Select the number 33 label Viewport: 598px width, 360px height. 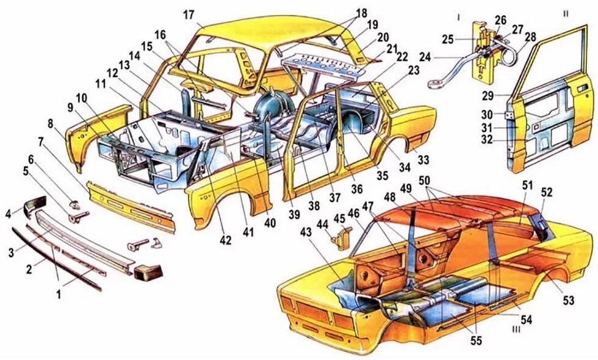pyautogui.click(x=423, y=160)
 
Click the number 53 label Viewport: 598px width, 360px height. pyautogui.click(x=568, y=300)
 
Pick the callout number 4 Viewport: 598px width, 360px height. pyautogui.click(x=8, y=214)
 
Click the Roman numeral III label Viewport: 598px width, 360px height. pyautogui.click(x=516, y=329)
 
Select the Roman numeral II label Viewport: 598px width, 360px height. pyautogui.click(x=566, y=13)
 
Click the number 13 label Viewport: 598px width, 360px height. pyautogui.click(x=124, y=65)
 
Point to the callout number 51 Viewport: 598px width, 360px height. pyautogui.click(x=528, y=185)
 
